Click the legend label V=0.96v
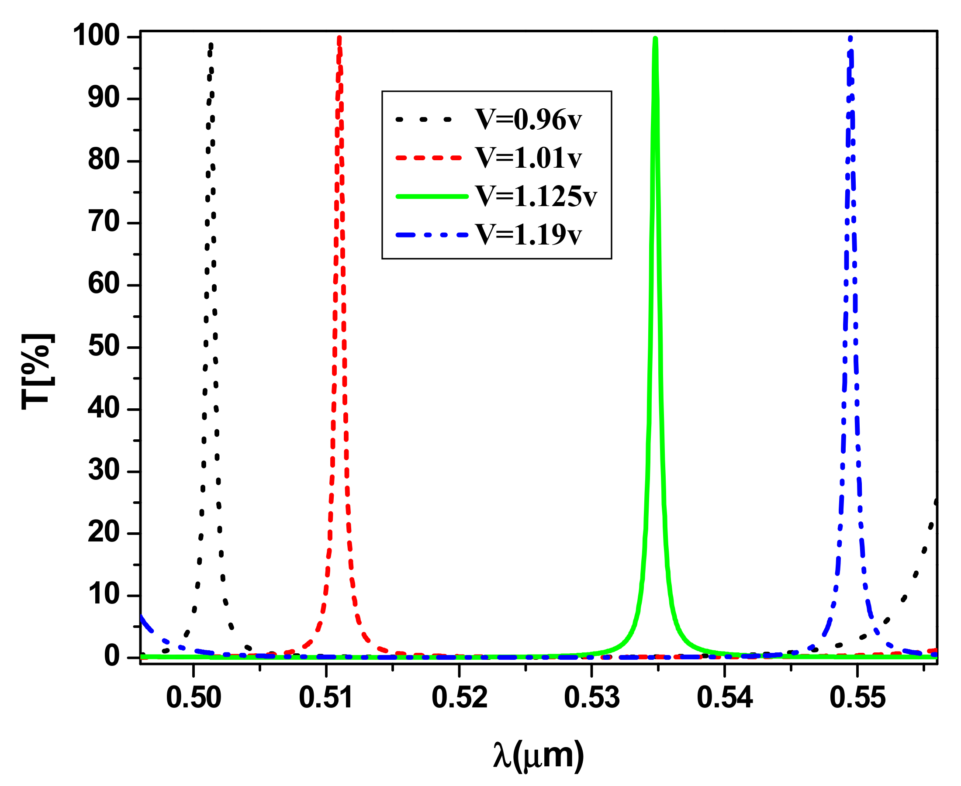tap(528, 120)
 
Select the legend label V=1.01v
tap(528, 158)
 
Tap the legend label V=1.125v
tap(536, 196)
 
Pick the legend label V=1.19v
tap(528, 234)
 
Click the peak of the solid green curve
tap(655, 39)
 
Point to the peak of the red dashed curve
tap(339, 38)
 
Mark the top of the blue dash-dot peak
tap(850, 39)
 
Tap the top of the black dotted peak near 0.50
tap(211, 45)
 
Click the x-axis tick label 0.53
tap(591, 698)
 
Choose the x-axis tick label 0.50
tap(194, 698)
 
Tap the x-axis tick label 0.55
tap(857, 698)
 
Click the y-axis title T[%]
tap(38, 372)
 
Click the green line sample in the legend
tap(432, 196)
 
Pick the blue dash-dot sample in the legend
tap(432, 235)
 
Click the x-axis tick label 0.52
tap(459, 698)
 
